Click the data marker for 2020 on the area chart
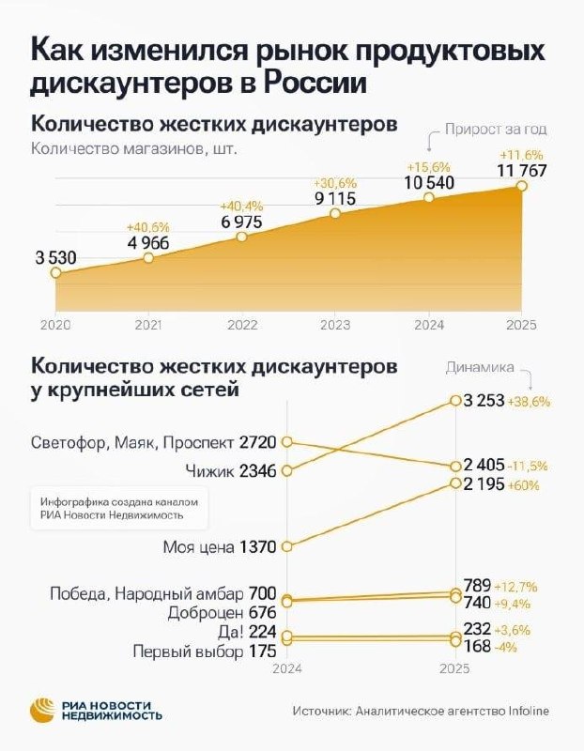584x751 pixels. pos(55,272)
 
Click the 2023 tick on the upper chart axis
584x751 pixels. pos(334,325)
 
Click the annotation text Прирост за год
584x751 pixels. pos(496,130)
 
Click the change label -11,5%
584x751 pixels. pos(529,465)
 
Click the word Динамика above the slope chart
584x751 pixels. pos(479,368)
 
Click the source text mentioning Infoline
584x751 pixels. pos(420,712)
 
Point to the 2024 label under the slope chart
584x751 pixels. pos(287,669)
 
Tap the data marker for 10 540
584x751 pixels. pos(429,197)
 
